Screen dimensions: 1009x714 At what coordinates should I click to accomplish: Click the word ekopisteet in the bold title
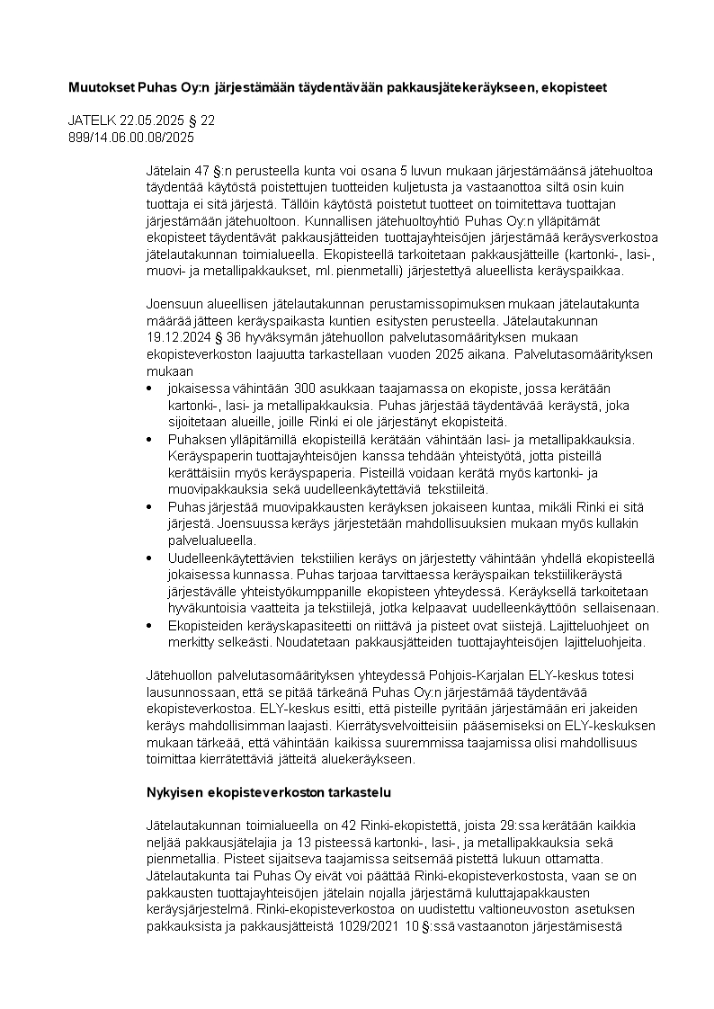577,88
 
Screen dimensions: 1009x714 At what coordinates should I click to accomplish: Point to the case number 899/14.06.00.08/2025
131,138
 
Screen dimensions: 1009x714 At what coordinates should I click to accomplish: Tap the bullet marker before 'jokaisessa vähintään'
148,388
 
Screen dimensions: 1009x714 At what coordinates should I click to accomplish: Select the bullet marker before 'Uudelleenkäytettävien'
148,558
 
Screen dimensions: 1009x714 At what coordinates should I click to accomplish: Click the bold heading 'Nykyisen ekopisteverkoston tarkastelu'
267,793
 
